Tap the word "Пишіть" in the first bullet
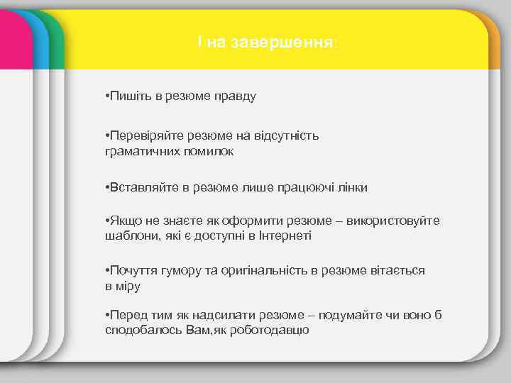(x=126, y=96)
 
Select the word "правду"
(x=235, y=96)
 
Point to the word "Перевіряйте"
(x=141, y=135)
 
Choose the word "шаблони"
(x=127, y=236)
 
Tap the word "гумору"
(x=170, y=271)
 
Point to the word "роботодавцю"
(x=274, y=331)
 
